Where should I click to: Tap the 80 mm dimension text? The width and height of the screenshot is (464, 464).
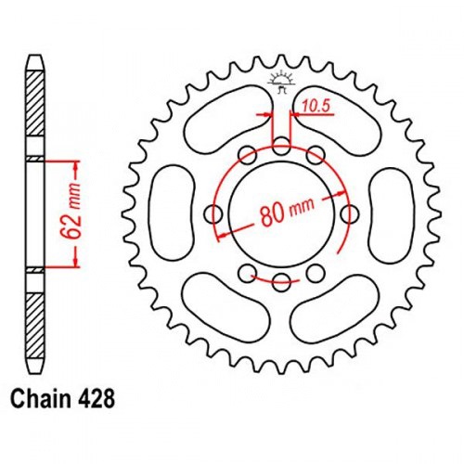pyautogui.click(x=288, y=212)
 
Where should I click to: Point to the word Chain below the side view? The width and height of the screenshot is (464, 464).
pyautogui.click(x=40, y=399)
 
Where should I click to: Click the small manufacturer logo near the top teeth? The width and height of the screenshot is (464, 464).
pyautogui.click(x=281, y=82)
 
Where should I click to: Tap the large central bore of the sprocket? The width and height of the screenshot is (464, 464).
pyautogui.click(x=281, y=214)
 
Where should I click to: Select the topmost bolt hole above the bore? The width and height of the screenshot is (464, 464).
pyautogui.click(x=281, y=146)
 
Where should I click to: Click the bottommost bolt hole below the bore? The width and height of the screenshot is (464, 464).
pyautogui.click(x=281, y=282)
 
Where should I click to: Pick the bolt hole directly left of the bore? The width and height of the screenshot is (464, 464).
pyautogui.click(x=213, y=213)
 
